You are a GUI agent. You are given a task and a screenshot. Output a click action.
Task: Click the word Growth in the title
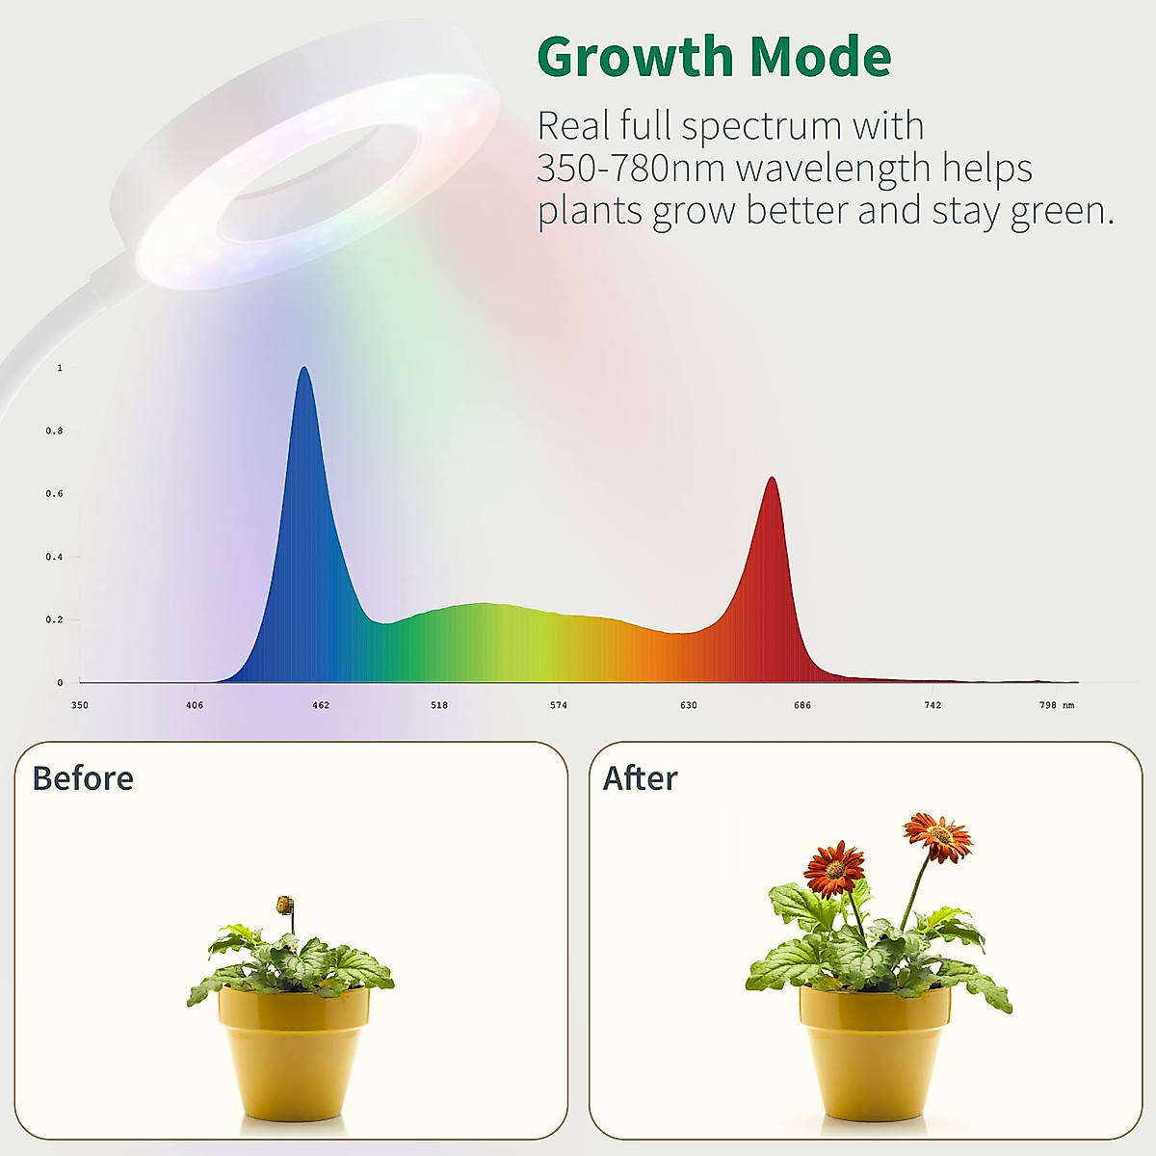[636, 58]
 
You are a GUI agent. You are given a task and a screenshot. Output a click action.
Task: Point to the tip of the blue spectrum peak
[304, 368]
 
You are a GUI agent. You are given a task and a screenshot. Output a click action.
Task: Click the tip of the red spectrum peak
[772, 478]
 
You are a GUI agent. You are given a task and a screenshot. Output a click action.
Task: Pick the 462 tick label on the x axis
[321, 705]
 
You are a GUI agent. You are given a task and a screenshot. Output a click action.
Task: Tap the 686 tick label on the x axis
[802, 705]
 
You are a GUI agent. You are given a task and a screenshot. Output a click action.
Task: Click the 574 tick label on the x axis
[559, 705]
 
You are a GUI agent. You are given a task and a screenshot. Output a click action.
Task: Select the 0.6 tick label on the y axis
[54, 494]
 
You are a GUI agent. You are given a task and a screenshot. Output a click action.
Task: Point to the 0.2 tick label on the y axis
[54, 620]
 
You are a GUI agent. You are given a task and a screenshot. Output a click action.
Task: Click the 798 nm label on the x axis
[1056, 705]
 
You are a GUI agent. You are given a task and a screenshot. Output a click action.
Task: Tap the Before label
[83, 778]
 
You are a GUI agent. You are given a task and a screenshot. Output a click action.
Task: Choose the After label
[641, 778]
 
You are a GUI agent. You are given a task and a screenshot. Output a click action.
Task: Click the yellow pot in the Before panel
[293, 1050]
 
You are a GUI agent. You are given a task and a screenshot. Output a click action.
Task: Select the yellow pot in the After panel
[874, 1050]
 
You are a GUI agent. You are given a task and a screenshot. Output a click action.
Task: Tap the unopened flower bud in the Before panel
[284, 905]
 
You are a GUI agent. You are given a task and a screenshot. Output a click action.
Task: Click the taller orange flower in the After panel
[938, 835]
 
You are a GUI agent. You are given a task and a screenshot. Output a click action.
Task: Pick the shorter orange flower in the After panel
[834, 868]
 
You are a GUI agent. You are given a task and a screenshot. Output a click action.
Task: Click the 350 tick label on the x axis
[80, 705]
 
